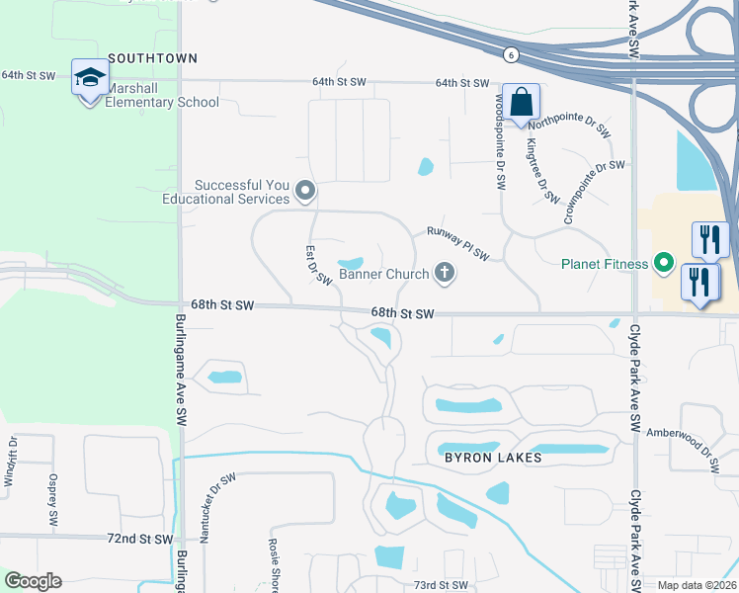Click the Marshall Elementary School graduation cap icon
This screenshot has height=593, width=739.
tap(89, 77)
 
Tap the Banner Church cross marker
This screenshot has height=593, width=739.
tap(445, 274)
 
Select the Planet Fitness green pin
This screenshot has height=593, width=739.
tap(664, 264)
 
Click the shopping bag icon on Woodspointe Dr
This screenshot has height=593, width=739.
tap(522, 102)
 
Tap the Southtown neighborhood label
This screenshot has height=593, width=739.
tap(152, 59)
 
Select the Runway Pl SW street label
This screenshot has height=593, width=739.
tap(457, 243)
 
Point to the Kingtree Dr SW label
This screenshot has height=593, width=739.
tap(542, 170)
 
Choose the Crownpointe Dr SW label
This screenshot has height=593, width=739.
tap(594, 179)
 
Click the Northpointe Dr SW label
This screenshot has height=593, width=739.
tap(569, 126)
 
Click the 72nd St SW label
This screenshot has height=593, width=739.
tap(142, 539)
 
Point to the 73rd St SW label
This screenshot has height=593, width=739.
tap(439, 585)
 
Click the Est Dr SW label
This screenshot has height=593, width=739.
tap(318, 265)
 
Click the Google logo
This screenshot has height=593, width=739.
tap(32, 581)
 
